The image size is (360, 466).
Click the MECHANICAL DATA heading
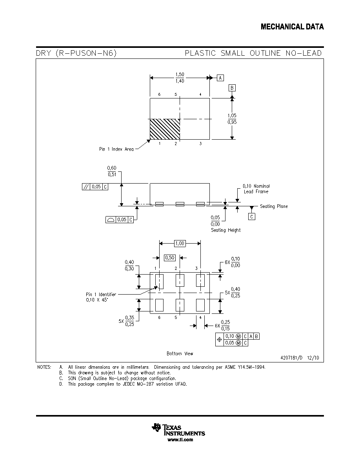(x=292, y=27)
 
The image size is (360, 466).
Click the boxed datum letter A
(x=220, y=78)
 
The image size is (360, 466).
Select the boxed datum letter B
(x=232, y=88)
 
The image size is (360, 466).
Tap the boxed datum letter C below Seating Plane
(x=252, y=217)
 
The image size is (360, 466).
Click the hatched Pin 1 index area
(x=165, y=129)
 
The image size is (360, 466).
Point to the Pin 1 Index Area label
(x=116, y=149)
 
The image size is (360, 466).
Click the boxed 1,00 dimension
(x=180, y=244)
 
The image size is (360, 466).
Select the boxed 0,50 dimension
(x=169, y=258)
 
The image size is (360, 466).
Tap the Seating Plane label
(x=274, y=206)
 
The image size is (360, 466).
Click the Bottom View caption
(x=180, y=354)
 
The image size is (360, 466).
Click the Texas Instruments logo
(x=178, y=430)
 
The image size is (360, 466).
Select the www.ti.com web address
(x=180, y=440)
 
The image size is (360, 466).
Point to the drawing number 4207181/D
(x=291, y=358)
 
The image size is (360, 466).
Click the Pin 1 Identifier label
(x=101, y=295)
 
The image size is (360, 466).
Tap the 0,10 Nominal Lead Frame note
(x=256, y=189)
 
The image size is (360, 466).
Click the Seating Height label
(x=226, y=230)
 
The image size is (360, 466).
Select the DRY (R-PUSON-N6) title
(x=76, y=53)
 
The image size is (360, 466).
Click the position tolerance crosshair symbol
(x=220, y=339)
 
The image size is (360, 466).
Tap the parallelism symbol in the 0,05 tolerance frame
(x=86, y=187)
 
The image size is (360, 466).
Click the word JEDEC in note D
(x=129, y=384)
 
